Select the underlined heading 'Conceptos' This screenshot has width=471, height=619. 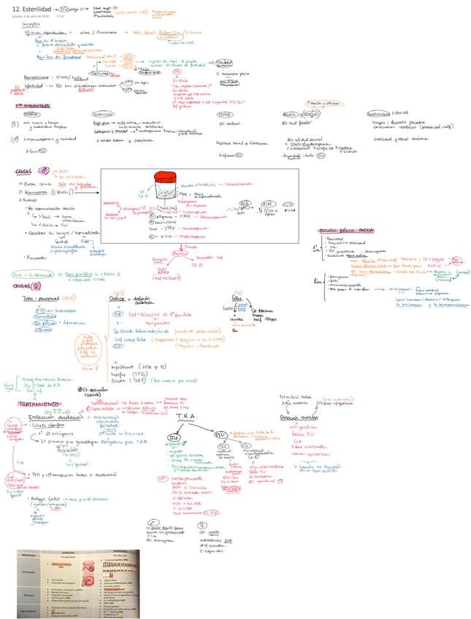[31, 23]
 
